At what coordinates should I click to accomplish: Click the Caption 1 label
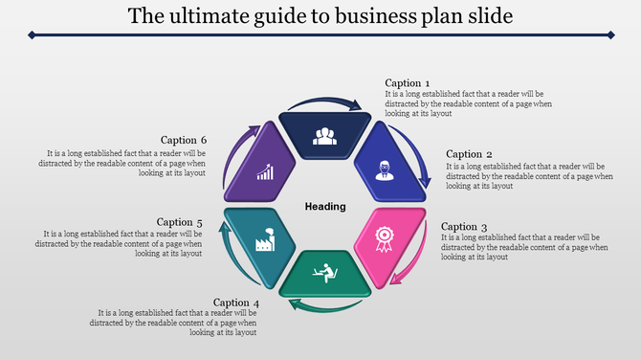408,83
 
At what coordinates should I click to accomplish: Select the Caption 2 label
470,154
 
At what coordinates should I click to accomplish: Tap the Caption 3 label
464,227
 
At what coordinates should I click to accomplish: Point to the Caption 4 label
236,303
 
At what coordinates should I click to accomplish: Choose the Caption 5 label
181,222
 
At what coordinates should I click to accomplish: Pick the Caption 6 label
184,140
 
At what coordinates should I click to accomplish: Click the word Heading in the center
324,207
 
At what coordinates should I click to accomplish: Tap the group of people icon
325,135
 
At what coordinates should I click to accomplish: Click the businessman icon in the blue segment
385,170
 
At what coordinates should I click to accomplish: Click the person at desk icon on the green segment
325,272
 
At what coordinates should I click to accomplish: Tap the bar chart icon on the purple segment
265,172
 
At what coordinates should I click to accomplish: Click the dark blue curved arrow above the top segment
325,101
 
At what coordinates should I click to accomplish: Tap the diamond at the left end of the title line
32,35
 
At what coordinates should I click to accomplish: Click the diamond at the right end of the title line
609,35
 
